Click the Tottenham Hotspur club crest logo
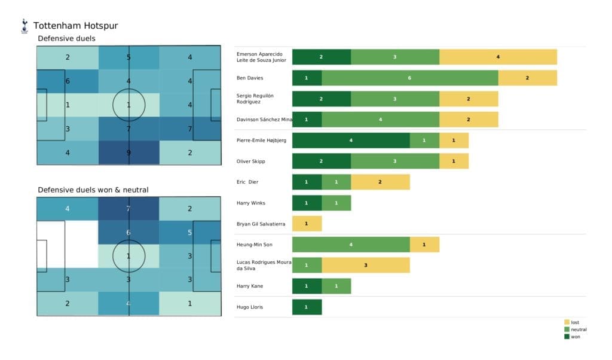tap(25, 26)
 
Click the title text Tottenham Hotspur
tap(75, 26)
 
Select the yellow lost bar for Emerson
tap(498, 57)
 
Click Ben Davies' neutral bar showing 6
tap(409, 78)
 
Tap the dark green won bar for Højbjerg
tap(351, 141)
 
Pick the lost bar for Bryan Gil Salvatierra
tap(307, 224)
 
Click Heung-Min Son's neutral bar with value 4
tap(351, 245)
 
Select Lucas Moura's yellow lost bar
tap(365, 265)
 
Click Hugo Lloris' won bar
tap(307, 307)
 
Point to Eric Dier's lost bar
tap(380, 182)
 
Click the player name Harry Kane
tap(250, 286)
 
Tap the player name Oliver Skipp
tap(251, 161)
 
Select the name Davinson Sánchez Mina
tap(264, 120)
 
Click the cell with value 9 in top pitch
tap(129, 152)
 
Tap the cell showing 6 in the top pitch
tap(68, 81)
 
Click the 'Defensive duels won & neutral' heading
tap(93, 190)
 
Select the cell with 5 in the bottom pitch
tap(190, 233)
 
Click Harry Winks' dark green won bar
tap(307, 203)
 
